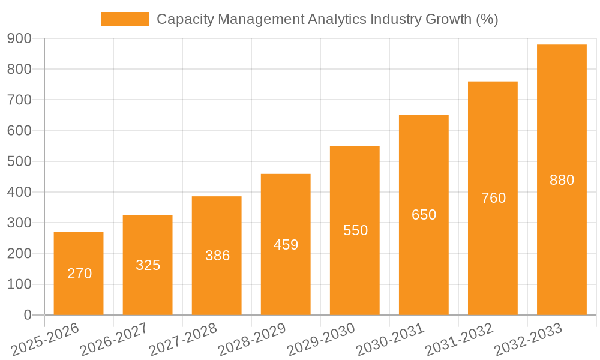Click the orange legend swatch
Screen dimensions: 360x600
point(125,19)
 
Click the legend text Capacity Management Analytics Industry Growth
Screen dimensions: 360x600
point(327,19)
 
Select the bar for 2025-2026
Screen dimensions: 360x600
point(79,273)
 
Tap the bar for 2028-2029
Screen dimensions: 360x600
point(286,244)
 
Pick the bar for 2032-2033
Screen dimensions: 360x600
point(562,179)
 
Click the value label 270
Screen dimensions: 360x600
point(80,274)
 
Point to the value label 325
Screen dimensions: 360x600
point(148,265)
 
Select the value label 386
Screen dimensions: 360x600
point(217,256)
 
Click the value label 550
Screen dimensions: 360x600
point(355,230)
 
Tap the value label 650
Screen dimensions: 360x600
point(424,215)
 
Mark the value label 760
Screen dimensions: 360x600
point(493,198)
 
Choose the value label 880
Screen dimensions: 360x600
point(562,180)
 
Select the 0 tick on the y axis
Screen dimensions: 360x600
point(28,315)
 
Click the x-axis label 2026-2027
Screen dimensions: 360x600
point(114,340)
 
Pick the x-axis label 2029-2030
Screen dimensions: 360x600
point(321,340)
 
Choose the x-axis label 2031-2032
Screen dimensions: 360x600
point(459,340)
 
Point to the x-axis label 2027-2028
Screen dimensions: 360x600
point(183,340)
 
